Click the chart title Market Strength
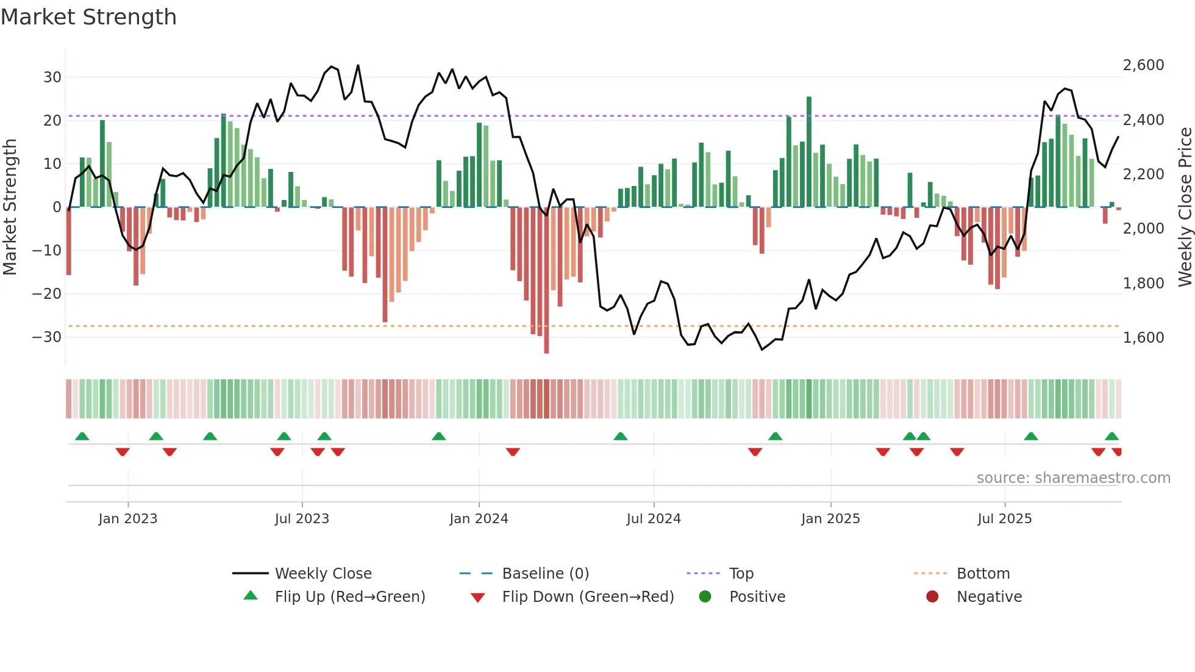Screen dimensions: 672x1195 pos(88,17)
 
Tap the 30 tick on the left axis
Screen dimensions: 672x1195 pos(52,77)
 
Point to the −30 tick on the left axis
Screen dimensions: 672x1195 pos(47,337)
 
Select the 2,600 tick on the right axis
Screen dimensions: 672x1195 pos(1143,65)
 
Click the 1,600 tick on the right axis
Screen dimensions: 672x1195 pos(1143,338)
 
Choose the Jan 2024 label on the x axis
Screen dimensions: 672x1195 pos(479,519)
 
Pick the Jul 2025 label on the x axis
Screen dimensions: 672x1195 pos(1004,519)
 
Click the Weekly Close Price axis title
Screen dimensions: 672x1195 pos(1185,207)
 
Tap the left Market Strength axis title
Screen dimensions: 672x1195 pos(10,207)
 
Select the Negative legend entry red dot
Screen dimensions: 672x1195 pos(932,597)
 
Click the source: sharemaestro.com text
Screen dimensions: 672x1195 pos(1073,478)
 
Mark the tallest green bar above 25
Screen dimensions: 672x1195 pos(809,152)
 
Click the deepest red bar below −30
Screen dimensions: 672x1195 pos(546,281)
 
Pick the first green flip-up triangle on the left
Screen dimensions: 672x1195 pos(82,436)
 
